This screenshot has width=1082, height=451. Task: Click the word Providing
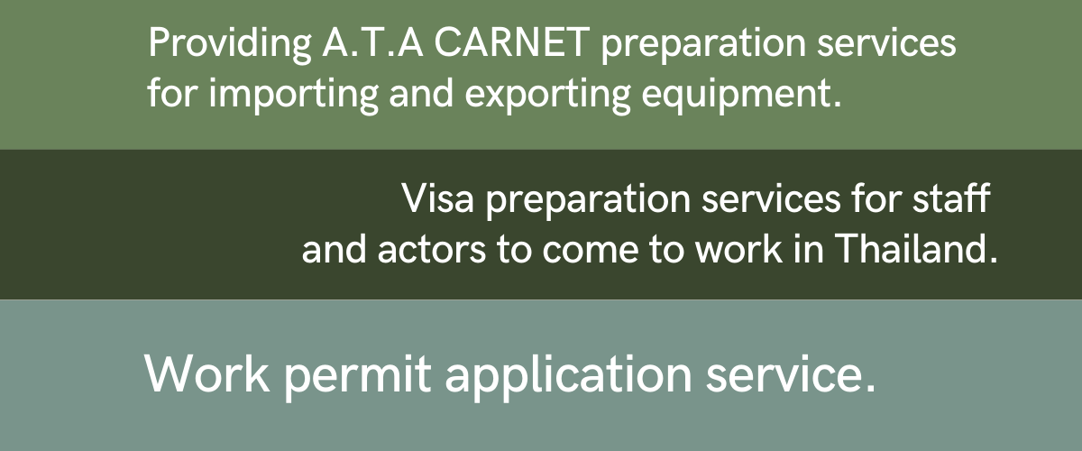click(x=230, y=44)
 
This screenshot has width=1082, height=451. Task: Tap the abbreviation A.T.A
click(x=373, y=43)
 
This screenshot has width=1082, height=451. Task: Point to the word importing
click(x=294, y=95)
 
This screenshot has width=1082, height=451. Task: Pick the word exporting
click(x=548, y=95)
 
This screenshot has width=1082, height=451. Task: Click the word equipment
click(x=741, y=95)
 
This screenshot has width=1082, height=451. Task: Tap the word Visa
click(x=438, y=198)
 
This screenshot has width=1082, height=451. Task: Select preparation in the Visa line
click(x=588, y=201)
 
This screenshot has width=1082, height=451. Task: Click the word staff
click(x=951, y=198)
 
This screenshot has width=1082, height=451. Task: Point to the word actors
click(x=431, y=250)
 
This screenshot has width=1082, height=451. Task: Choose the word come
click(x=590, y=252)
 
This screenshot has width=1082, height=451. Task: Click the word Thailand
click(x=915, y=248)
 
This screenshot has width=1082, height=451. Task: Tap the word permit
click(x=357, y=377)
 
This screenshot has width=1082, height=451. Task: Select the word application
click(x=569, y=377)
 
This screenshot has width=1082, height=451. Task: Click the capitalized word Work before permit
click(x=207, y=373)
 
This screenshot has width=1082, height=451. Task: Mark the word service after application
click(x=790, y=375)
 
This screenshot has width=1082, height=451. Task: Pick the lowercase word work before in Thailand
click(x=739, y=248)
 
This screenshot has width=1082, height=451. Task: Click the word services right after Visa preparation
click(x=771, y=199)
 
